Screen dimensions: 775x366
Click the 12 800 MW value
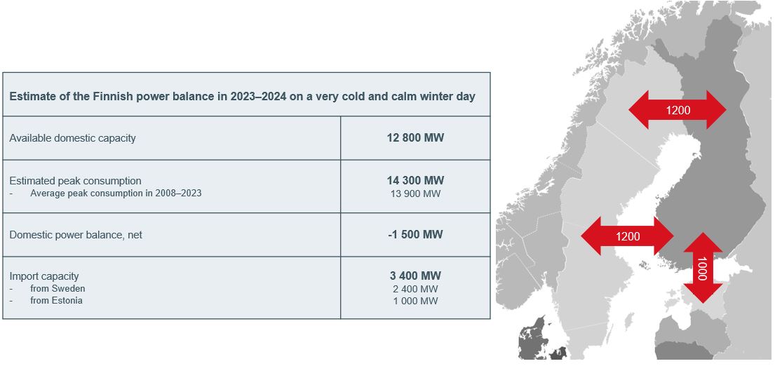415,138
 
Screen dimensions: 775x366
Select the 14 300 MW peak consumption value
415,180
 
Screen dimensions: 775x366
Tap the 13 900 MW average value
415,194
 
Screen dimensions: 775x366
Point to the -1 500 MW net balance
415,235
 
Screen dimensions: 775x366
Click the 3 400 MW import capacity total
415,276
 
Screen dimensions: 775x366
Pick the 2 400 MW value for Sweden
415,289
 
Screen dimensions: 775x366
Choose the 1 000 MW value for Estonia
415,301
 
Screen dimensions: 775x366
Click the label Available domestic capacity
72,138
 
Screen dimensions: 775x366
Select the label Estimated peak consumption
75,181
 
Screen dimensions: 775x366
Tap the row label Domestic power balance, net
76,235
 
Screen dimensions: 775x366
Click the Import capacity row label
44,276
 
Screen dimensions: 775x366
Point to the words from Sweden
58,288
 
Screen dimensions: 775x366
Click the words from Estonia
56,300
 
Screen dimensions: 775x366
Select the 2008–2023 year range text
177,193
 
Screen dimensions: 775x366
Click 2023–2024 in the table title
259,96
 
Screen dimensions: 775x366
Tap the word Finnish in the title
112,96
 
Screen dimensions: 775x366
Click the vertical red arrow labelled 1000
702,268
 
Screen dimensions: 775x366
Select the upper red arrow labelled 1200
677,109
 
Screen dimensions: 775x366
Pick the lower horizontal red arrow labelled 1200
627,236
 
